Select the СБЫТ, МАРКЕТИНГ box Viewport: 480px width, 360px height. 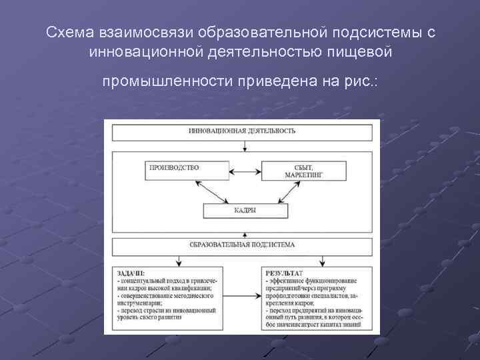pos(304,170)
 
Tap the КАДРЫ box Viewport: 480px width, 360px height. pos(245,210)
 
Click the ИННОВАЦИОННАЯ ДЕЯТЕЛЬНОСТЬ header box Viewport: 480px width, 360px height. pos(242,131)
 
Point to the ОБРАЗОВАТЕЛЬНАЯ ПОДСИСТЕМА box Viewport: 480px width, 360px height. pos(242,245)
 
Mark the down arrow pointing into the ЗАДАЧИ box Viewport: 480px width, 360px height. pos(177,260)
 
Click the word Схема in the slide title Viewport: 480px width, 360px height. pos(71,33)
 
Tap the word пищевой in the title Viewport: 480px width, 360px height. pos(364,52)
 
